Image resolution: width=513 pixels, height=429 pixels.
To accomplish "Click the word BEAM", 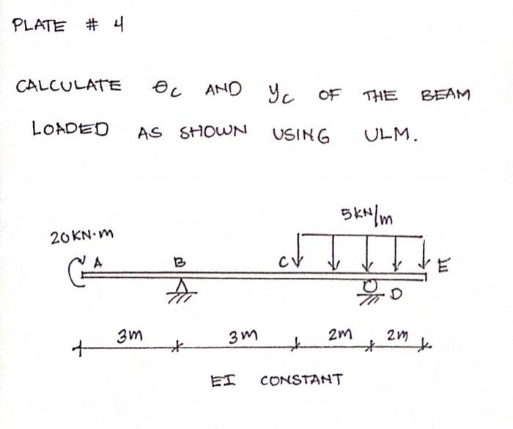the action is pyautogui.click(x=446, y=95).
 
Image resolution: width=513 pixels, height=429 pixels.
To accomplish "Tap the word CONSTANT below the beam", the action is pyautogui.click(x=301, y=380).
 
